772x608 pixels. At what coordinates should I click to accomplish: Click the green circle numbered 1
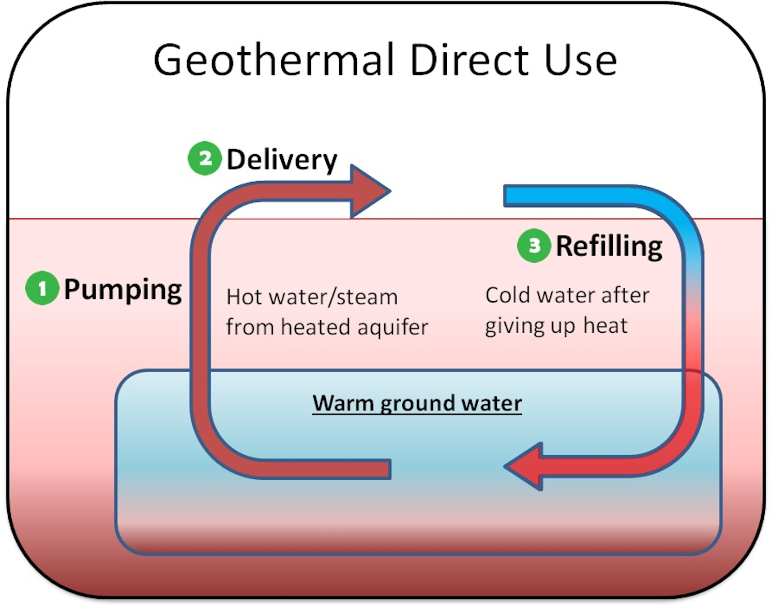point(42,288)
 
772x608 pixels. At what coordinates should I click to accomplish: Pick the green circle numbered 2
point(205,158)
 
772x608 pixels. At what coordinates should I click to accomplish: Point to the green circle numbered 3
point(534,245)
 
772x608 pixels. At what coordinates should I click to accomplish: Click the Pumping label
point(123,290)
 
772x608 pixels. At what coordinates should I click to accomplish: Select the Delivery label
point(282,159)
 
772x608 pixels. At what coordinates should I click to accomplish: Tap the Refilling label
point(609,246)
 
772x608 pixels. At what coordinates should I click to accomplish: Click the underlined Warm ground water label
point(417,403)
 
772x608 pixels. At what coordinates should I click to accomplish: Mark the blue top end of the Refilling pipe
point(512,196)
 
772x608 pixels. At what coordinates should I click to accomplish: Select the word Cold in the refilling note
point(508,295)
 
